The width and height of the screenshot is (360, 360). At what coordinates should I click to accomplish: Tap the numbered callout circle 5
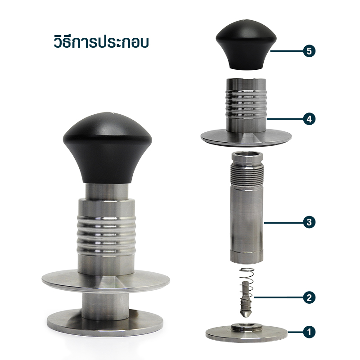(x=308, y=51)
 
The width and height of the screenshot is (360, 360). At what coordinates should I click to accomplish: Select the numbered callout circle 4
(x=308, y=119)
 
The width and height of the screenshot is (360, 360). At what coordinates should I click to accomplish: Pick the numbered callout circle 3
(x=308, y=222)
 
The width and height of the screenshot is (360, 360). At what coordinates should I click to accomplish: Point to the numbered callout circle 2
(x=308, y=297)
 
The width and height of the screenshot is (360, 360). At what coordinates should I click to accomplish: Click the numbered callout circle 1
(x=308, y=333)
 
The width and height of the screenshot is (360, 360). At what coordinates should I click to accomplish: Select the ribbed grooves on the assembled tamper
(x=107, y=232)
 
